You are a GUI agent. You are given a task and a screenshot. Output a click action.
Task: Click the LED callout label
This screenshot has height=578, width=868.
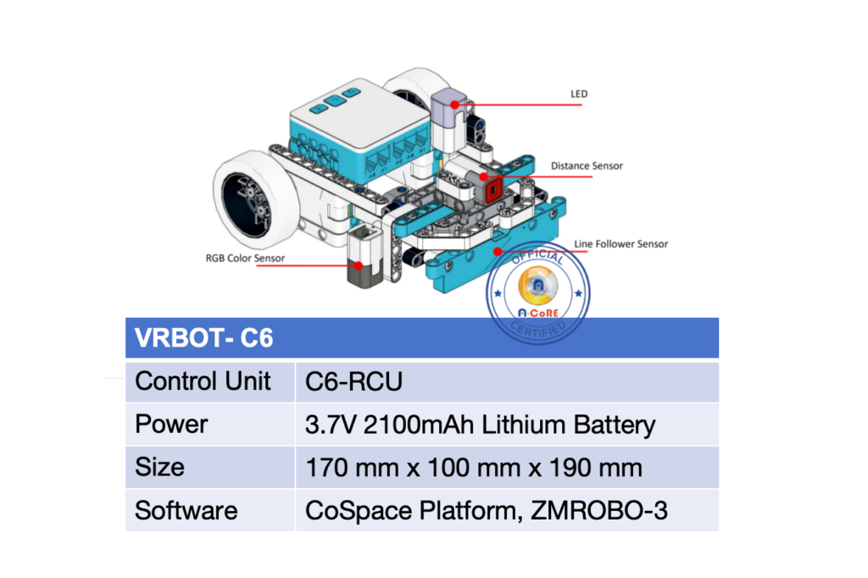579,94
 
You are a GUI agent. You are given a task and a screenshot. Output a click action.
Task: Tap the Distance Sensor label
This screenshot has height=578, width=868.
587,166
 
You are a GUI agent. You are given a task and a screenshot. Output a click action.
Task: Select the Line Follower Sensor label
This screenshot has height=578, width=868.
620,244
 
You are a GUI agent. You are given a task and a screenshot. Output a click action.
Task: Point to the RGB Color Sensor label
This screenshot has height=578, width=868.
245,258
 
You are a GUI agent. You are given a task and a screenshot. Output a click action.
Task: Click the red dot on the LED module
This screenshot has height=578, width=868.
454,104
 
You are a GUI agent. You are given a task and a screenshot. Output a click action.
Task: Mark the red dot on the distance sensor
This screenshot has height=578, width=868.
483,176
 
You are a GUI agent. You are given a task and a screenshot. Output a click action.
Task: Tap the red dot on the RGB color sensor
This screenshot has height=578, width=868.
359,266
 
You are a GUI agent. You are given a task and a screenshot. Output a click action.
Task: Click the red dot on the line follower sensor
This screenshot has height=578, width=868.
498,252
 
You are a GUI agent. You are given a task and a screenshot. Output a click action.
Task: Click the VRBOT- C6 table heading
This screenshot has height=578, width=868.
203,337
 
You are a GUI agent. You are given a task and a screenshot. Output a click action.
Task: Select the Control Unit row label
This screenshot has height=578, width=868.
203,381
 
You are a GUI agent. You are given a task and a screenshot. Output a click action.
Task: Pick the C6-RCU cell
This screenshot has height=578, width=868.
353,381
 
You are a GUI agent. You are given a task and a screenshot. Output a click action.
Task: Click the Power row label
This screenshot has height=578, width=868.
171,424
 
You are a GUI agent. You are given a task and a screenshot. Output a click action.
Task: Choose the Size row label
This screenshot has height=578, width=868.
159,467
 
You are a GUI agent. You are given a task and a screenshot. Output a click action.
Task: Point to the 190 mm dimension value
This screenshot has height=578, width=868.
596,468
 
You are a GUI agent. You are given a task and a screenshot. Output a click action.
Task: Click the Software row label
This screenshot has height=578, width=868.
186,510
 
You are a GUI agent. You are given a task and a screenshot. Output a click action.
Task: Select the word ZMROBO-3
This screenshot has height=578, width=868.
599,510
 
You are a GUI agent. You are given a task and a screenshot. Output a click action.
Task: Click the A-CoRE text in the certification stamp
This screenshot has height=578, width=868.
538,313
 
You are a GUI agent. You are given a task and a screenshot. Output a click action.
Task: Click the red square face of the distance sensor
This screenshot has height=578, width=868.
492,191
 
